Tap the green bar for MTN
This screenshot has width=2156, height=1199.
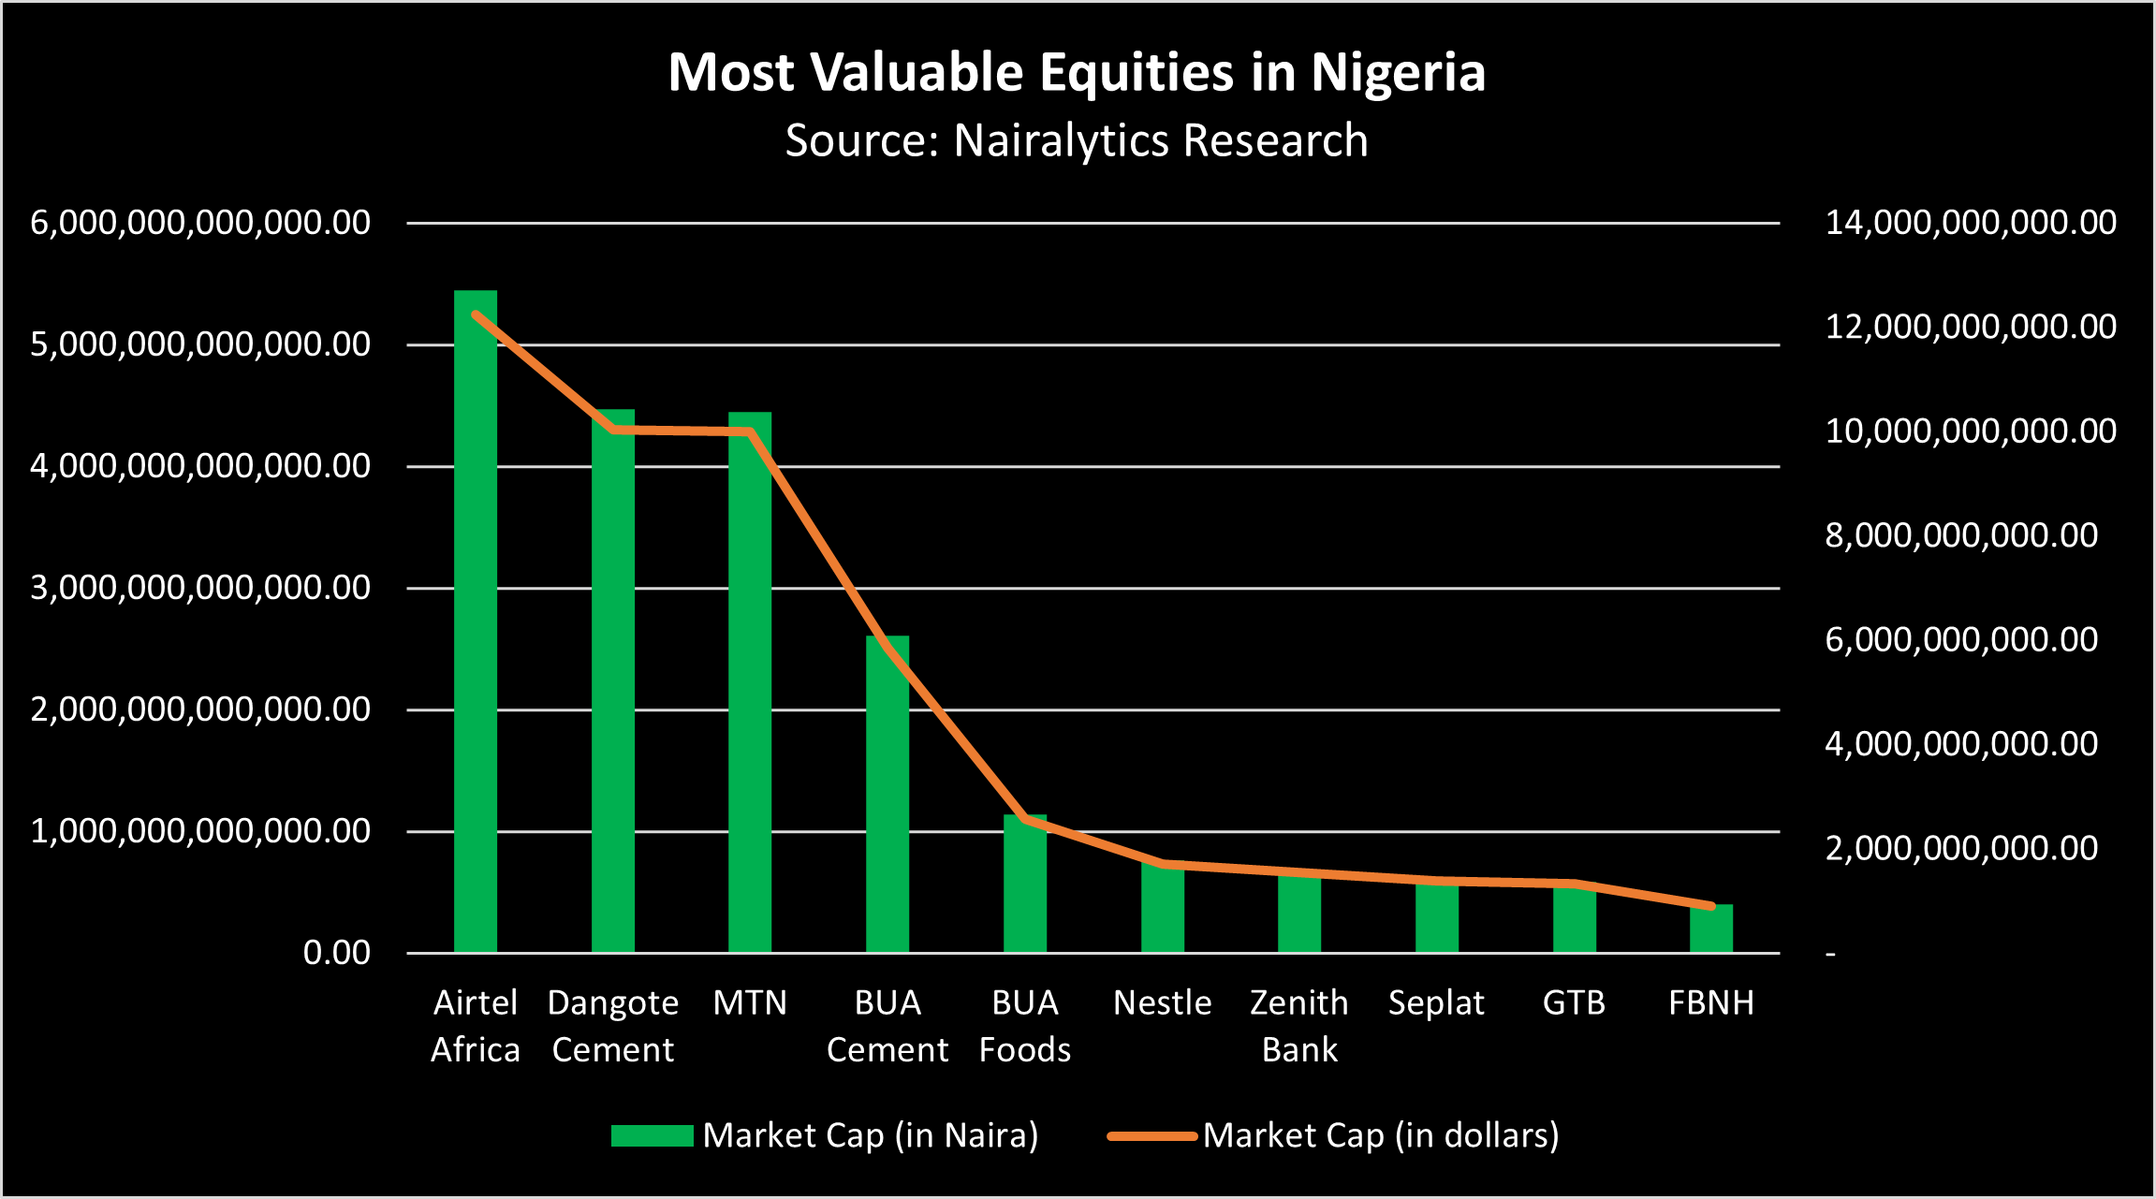[x=750, y=693]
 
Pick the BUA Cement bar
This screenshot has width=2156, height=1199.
[x=887, y=796]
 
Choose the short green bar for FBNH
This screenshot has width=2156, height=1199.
[x=1711, y=929]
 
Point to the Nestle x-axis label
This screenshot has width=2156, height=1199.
[x=1162, y=1003]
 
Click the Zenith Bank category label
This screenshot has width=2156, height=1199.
[x=1299, y=1026]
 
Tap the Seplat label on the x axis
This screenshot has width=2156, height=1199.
[x=1436, y=1003]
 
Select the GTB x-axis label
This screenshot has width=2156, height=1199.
[x=1574, y=1003]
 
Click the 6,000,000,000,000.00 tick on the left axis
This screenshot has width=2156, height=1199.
[x=200, y=223]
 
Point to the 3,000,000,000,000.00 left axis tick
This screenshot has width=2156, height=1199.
[x=200, y=588]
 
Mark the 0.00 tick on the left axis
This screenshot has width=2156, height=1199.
[x=336, y=953]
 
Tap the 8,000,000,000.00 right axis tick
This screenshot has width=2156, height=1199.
[x=1961, y=535]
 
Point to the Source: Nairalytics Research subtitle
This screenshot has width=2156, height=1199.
[x=1077, y=140]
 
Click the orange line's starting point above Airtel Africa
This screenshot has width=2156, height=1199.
[x=476, y=314]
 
